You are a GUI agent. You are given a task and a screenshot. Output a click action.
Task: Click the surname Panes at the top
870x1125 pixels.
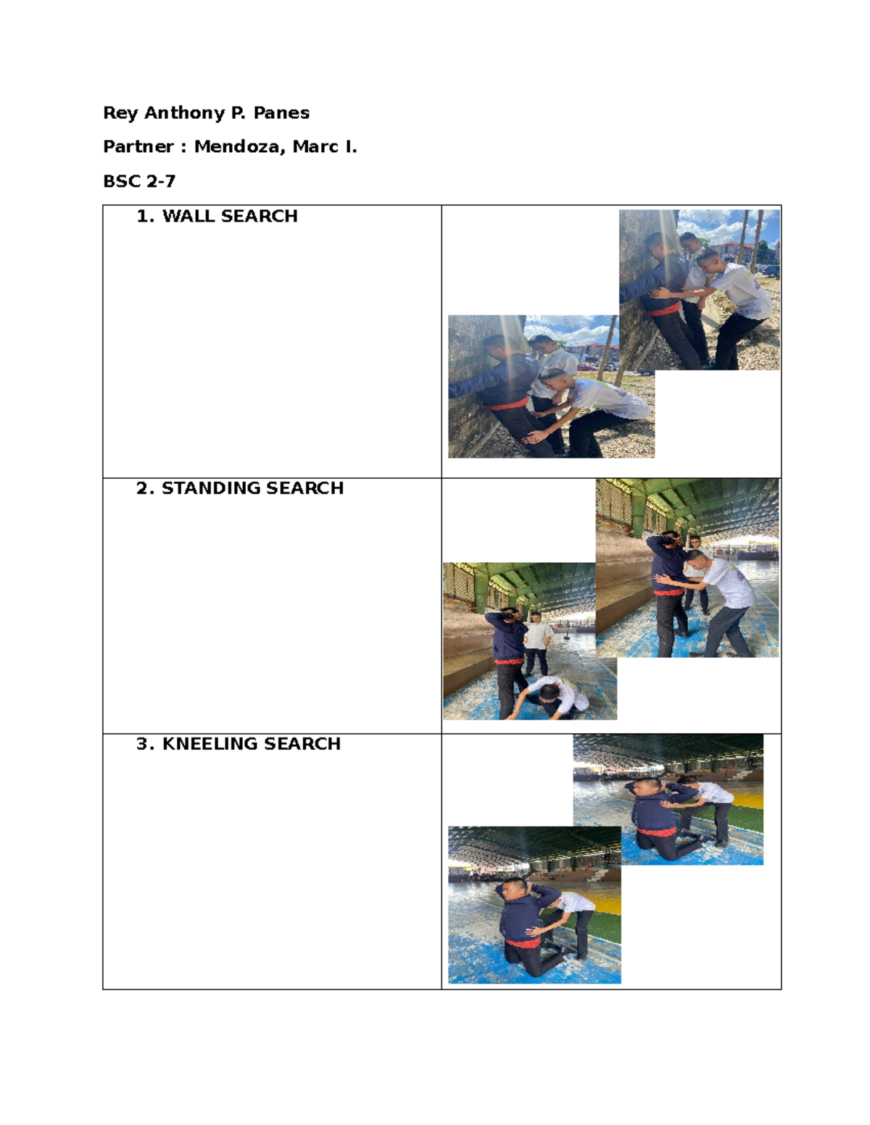(281, 113)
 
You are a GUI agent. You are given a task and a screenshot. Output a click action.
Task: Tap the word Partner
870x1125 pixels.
(138, 147)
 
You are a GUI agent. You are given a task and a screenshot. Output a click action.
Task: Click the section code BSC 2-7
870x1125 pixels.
(139, 181)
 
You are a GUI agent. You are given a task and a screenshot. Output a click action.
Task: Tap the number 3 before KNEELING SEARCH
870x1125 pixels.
(144, 744)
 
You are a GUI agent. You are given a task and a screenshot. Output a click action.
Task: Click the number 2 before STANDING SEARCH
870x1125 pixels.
(144, 488)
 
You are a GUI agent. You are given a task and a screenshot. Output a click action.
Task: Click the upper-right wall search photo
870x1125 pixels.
(700, 290)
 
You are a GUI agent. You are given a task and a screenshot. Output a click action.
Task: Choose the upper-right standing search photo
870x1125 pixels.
(687, 568)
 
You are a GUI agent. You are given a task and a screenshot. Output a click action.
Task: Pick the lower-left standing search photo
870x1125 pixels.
(529, 641)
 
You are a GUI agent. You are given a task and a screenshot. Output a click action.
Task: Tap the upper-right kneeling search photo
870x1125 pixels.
(668, 799)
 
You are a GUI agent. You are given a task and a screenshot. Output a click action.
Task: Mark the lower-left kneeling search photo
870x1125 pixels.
(534, 905)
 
